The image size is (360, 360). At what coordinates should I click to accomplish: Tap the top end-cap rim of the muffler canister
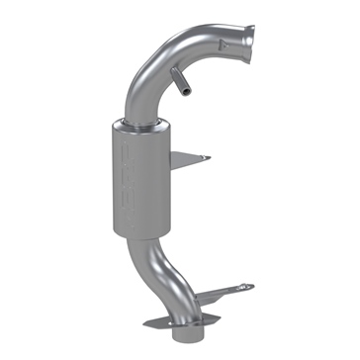pyautogui.click(x=146, y=127)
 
